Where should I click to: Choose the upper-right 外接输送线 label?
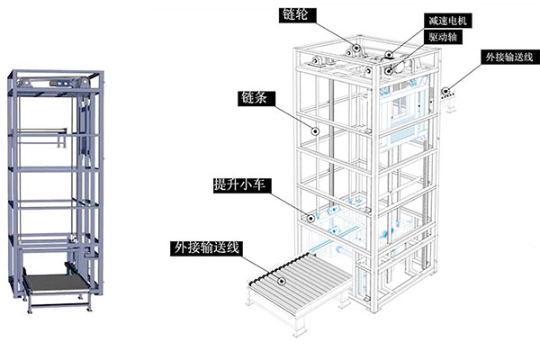point(509,57)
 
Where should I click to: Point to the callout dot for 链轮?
point(356,49)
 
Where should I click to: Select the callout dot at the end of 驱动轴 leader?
point(387,65)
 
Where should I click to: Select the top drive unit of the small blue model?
point(54,82)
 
